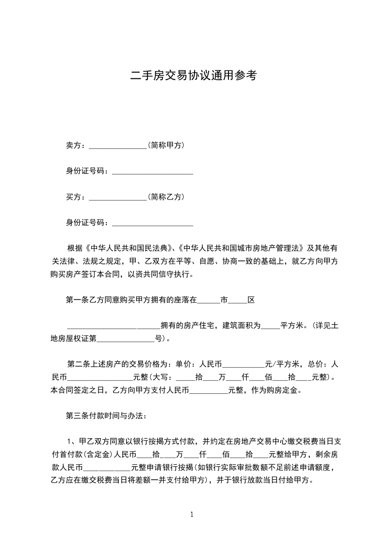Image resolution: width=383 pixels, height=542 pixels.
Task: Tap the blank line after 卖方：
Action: click(118, 145)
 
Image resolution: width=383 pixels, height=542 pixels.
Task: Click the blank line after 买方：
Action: click(118, 197)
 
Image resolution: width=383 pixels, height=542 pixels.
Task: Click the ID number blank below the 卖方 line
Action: click(152, 171)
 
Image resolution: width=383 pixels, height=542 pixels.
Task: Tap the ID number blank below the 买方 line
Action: click(152, 223)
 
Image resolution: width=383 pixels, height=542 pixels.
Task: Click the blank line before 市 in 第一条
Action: click(209, 300)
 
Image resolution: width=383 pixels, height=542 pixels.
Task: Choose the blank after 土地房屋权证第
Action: click(126, 339)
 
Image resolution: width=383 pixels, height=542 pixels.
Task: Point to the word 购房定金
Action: click(286, 389)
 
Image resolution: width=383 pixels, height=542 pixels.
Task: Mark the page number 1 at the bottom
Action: click(192, 514)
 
